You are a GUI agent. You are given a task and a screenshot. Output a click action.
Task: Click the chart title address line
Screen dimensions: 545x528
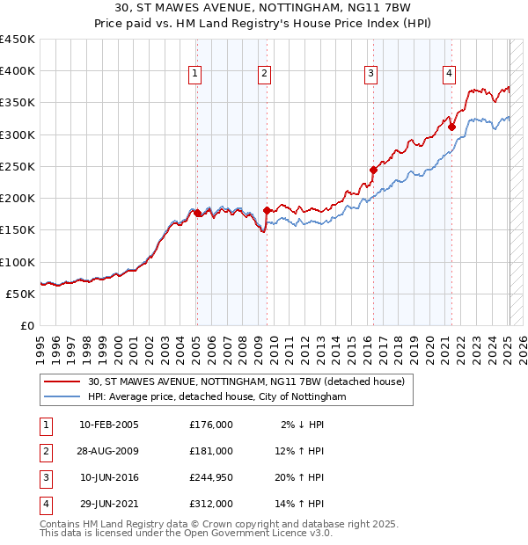pyautogui.click(x=264, y=8)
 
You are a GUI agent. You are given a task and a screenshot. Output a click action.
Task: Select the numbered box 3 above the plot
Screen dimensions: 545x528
pyautogui.click(x=371, y=74)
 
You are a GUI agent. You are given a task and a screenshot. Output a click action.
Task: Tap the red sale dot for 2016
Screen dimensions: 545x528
pyautogui.click(x=373, y=170)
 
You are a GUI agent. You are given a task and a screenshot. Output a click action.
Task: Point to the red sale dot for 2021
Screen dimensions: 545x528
pyautogui.click(x=451, y=127)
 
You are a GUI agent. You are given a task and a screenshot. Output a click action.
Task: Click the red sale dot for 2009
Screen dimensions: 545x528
pyautogui.click(x=266, y=210)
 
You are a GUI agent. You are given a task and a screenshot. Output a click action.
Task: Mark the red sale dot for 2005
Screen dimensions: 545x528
pyautogui.click(x=197, y=213)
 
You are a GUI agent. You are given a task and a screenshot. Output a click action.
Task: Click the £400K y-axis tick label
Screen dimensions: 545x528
pyautogui.click(x=18, y=71)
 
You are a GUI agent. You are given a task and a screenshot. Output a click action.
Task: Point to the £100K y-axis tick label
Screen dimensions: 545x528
pyautogui.click(x=18, y=262)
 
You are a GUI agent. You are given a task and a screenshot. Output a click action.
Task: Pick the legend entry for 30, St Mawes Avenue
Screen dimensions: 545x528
pyautogui.click(x=246, y=381)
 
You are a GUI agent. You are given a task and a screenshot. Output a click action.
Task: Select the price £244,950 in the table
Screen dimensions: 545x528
pyautogui.click(x=211, y=477)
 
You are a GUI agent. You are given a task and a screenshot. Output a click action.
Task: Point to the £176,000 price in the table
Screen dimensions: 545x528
pyautogui.click(x=211, y=425)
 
